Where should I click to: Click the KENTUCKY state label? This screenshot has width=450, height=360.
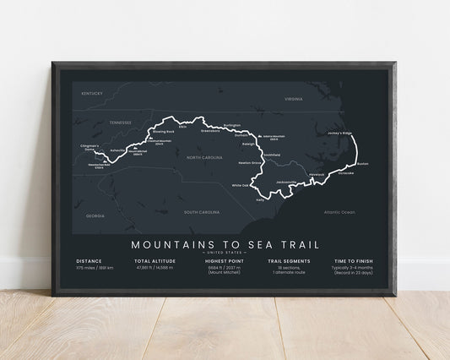92,94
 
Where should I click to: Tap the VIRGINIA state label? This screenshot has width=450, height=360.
293,99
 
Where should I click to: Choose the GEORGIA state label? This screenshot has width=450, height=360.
84,215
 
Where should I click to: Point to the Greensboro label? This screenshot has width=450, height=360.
210,131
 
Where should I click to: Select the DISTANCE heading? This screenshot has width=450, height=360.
89,261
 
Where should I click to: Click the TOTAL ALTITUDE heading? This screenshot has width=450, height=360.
155,261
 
